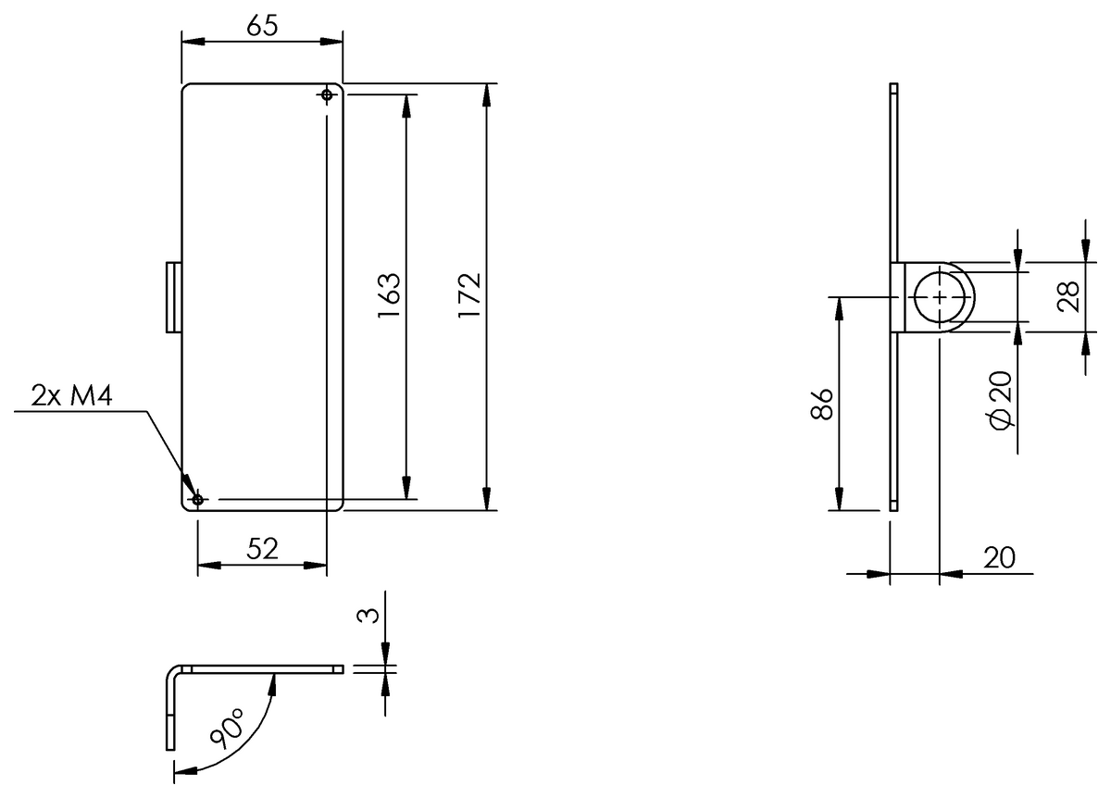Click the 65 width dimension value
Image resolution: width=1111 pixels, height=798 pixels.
point(262,25)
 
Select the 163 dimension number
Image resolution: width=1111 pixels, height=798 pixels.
point(389,295)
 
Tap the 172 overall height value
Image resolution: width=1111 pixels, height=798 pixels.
point(469,295)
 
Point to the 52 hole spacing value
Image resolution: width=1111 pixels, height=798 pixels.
point(262,549)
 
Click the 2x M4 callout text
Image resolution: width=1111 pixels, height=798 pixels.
point(72,395)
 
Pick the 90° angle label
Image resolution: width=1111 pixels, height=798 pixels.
point(227,728)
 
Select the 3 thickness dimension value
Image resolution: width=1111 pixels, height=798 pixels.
point(368,616)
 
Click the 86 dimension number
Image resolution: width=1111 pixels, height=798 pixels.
point(821,405)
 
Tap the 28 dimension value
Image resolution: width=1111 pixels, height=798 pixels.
point(1068,296)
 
